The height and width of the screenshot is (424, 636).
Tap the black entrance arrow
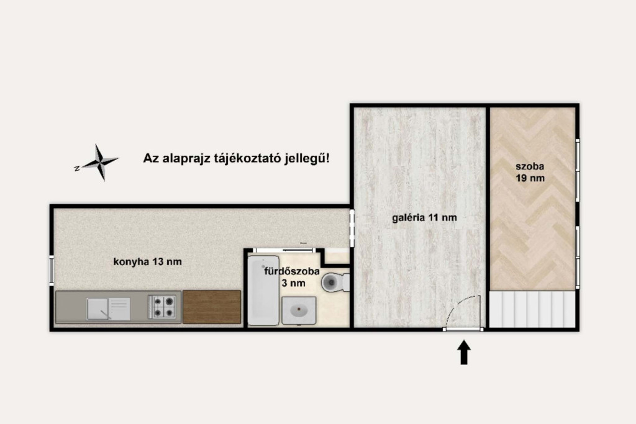click(x=464, y=353)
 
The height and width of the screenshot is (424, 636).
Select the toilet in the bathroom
click(x=335, y=282)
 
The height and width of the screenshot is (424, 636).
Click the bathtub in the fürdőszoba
click(x=263, y=291)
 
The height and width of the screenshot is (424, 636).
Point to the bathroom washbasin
click(x=299, y=310)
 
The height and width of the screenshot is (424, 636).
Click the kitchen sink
click(x=108, y=309)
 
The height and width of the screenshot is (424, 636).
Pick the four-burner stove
click(x=162, y=307)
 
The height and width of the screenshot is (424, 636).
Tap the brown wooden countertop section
click(x=212, y=307)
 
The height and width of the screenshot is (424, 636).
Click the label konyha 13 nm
click(x=148, y=262)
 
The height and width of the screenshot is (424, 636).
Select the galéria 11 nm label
click(x=424, y=218)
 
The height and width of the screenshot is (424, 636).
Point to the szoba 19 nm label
click(x=530, y=172)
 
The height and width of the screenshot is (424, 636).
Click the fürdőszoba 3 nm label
click(x=292, y=277)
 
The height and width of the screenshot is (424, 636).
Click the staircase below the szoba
click(x=532, y=309)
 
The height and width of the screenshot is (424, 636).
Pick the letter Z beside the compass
click(x=76, y=168)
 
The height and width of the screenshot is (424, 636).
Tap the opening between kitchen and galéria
click(x=352, y=228)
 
